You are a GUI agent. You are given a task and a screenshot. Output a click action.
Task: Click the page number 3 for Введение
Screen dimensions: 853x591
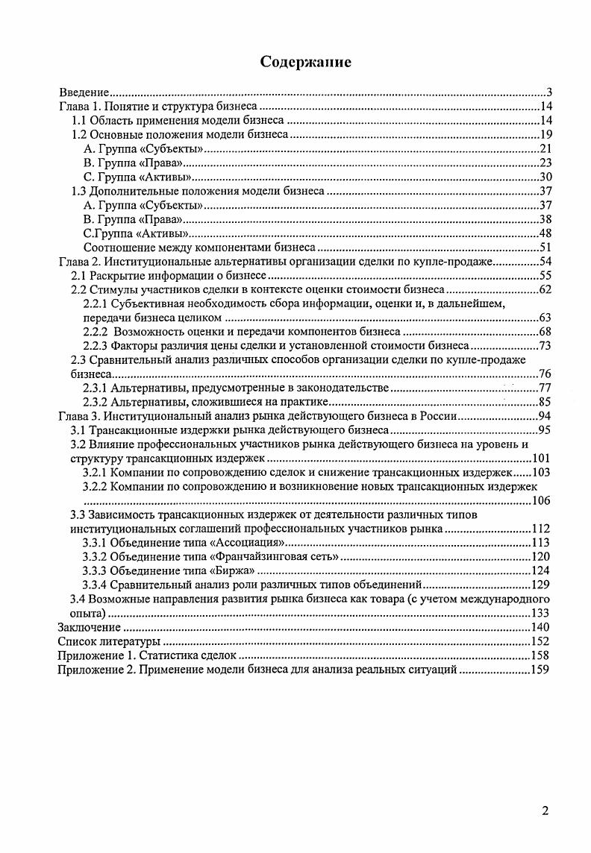pos(548,93)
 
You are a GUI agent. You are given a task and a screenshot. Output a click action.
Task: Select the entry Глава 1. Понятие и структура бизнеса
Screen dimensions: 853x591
pos(157,107)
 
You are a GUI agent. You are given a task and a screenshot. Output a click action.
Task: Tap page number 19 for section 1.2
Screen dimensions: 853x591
pos(545,135)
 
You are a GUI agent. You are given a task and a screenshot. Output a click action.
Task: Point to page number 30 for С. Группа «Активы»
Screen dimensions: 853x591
pos(545,177)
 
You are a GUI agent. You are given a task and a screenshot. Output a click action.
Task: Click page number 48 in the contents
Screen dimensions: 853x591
pos(545,233)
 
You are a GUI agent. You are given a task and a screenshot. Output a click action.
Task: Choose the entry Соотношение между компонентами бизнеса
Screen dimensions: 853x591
pos(200,248)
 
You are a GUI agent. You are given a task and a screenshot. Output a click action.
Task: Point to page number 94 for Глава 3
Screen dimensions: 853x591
pos(545,416)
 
